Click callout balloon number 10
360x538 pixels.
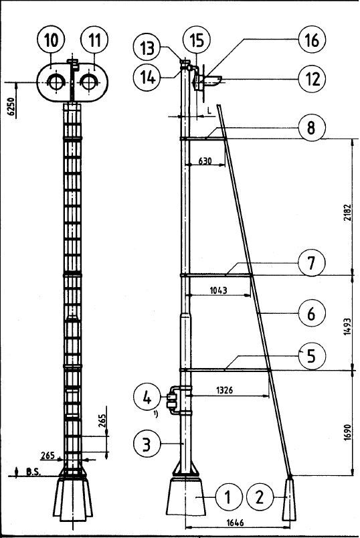pyautogui.click(x=51, y=41)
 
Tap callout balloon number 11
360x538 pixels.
pyautogui.click(x=94, y=41)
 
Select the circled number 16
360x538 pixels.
pyautogui.click(x=312, y=39)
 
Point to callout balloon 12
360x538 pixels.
pyautogui.click(x=312, y=78)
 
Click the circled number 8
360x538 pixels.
pyautogui.click(x=311, y=128)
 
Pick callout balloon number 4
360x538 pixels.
pyautogui.click(x=147, y=398)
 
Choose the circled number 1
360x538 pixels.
pyautogui.click(x=228, y=497)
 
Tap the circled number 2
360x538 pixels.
pyautogui.click(x=260, y=497)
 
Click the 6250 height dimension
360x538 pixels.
pyautogui.click(x=11, y=107)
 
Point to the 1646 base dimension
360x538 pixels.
pyautogui.click(x=235, y=523)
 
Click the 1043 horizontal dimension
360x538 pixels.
pyautogui.click(x=218, y=290)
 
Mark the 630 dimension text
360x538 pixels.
pyautogui.click(x=205, y=161)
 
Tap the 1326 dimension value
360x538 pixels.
pyautogui.click(x=224, y=390)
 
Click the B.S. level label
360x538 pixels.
pyautogui.click(x=33, y=472)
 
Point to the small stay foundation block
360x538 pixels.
pyautogui.click(x=289, y=500)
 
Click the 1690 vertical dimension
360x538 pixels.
pyautogui.click(x=347, y=433)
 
